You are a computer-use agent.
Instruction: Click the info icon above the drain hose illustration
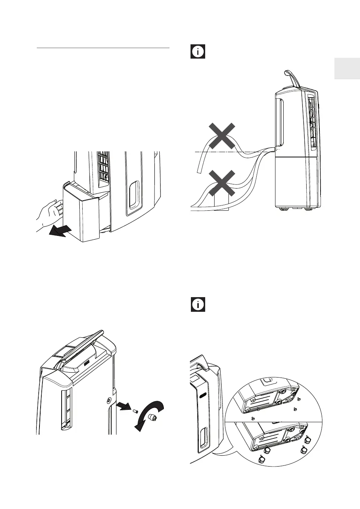point(198,51)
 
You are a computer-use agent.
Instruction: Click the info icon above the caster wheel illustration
point(198,305)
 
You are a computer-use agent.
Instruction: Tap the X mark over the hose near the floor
point(222,183)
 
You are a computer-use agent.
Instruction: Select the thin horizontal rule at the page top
point(103,48)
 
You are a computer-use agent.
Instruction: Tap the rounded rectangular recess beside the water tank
point(133,195)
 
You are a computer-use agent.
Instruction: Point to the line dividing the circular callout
point(274,421)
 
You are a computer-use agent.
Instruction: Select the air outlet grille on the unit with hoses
point(311,120)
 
